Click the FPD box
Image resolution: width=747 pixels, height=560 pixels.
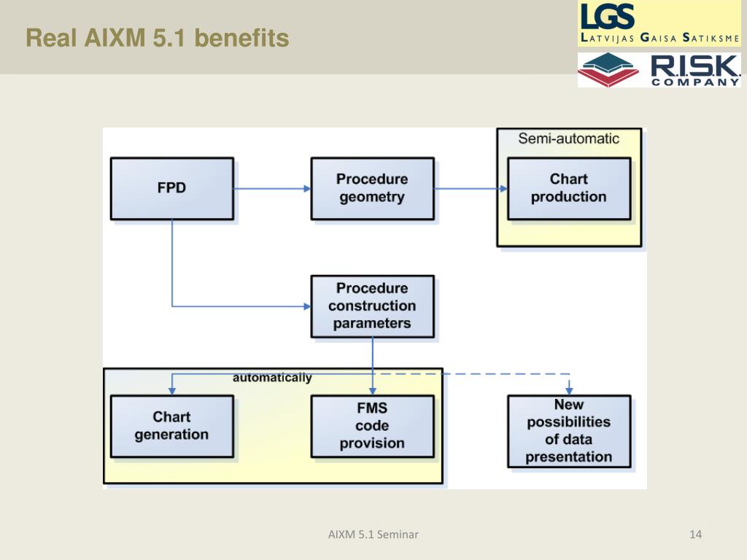(172, 189)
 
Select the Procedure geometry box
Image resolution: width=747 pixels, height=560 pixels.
(373, 189)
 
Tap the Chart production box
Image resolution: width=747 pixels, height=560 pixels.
(569, 189)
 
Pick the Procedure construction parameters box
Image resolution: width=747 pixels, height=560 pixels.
(373, 306)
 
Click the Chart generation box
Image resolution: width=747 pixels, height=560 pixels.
(172, 426)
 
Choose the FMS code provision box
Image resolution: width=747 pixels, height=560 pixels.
(373, 426)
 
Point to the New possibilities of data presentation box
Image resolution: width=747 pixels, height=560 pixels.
(569, 431)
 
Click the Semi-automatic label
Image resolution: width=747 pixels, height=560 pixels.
(569, 139)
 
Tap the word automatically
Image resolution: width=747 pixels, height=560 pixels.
(272, 378)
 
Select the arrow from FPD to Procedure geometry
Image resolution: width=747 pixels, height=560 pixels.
(272, 189)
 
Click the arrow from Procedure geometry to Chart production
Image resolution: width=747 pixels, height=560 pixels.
(471, 189)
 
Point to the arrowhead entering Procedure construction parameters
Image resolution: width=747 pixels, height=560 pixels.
(307, 306)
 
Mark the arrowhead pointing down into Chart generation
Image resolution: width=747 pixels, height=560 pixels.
(172, 391)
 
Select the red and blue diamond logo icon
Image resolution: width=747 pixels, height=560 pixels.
(608, 69)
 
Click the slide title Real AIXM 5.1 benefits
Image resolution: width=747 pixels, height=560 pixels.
(158, 38)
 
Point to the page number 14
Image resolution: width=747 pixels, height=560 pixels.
(695, 534)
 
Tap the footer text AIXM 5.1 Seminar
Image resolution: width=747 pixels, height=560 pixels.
(373, 534)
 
